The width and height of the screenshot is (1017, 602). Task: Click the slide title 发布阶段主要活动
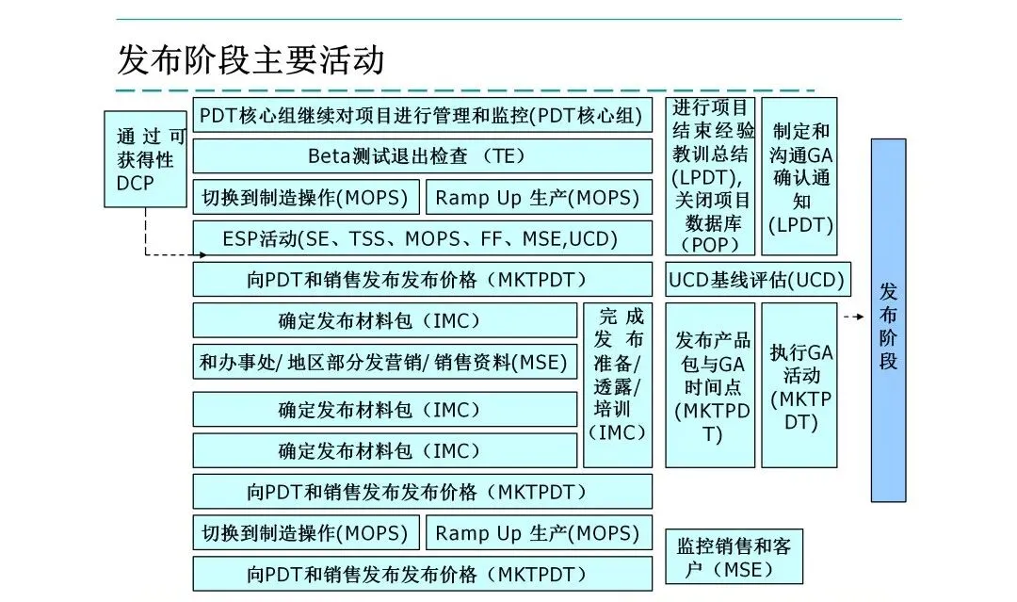(250, 59)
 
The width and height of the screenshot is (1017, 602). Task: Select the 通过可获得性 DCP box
(145, 159)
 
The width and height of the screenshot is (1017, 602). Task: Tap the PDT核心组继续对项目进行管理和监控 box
(422, 116)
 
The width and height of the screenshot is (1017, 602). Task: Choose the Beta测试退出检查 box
(422, 156)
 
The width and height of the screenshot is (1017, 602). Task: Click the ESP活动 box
(422, 238)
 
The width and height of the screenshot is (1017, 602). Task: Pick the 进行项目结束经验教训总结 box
(711, 176)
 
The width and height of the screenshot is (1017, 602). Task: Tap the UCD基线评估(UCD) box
(757, 280)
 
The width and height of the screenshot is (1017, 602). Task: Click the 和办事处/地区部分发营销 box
(384, 362)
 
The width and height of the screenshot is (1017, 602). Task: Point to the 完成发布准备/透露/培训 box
(618, 385)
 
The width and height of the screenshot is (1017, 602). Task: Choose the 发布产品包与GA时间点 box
(711, 385)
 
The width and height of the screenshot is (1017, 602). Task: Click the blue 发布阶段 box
(888, 320)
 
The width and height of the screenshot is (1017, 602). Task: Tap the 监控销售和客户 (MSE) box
(734, 557)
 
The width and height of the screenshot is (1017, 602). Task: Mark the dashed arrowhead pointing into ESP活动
(201, 254)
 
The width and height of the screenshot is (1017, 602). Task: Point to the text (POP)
(711, 244)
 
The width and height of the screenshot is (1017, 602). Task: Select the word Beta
(328, 156)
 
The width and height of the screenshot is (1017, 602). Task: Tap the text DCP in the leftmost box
(136, 183)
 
